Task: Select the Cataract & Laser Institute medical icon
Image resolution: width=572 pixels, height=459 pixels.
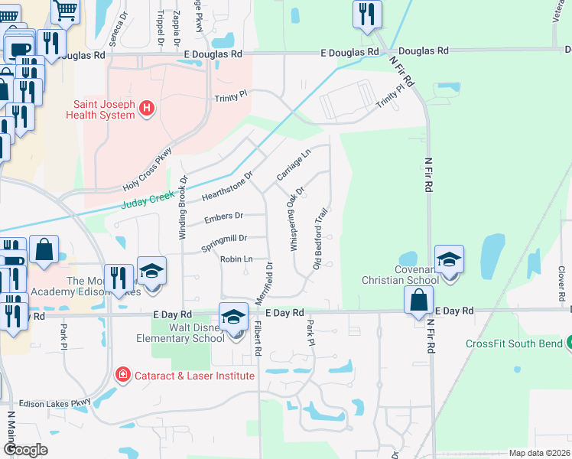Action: tap(122, 375)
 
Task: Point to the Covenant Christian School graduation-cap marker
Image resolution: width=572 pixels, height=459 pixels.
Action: tap(449, 259)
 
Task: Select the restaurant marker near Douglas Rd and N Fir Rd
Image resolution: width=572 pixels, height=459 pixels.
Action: tap(367, 14)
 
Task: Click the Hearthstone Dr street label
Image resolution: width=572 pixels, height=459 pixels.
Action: tap(226, 186)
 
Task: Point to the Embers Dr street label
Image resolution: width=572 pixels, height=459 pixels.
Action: tap(223, 218)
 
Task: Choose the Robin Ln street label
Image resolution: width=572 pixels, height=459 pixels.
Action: tap(236, 259)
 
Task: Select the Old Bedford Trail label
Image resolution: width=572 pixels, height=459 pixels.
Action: tap(321, 238)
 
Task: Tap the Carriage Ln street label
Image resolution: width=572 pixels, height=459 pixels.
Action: tap(294, 164)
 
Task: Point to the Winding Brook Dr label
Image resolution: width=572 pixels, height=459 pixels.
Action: tap(183, 208)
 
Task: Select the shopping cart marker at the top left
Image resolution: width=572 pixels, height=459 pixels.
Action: tap(66, 10)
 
